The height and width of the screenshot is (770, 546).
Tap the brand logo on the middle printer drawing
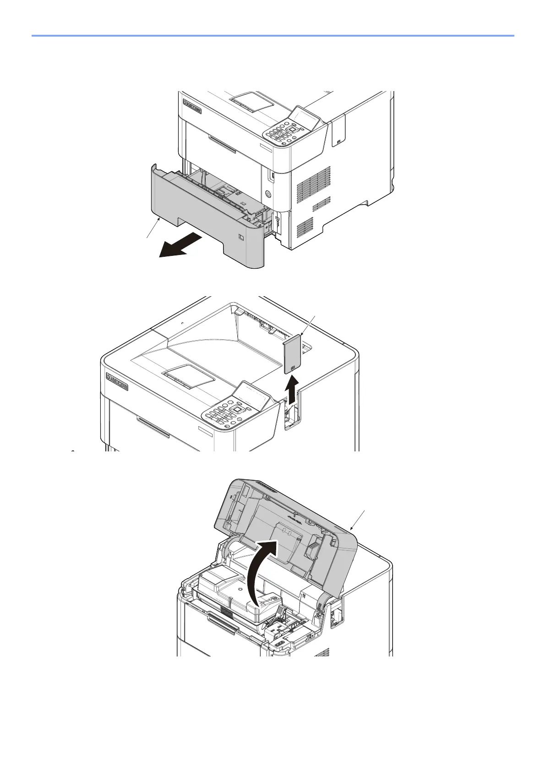(117, 381)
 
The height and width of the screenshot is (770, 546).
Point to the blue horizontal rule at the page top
(273, 35)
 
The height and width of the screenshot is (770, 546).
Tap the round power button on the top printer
(268, 194)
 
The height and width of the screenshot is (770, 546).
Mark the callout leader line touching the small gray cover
(306, 325)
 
